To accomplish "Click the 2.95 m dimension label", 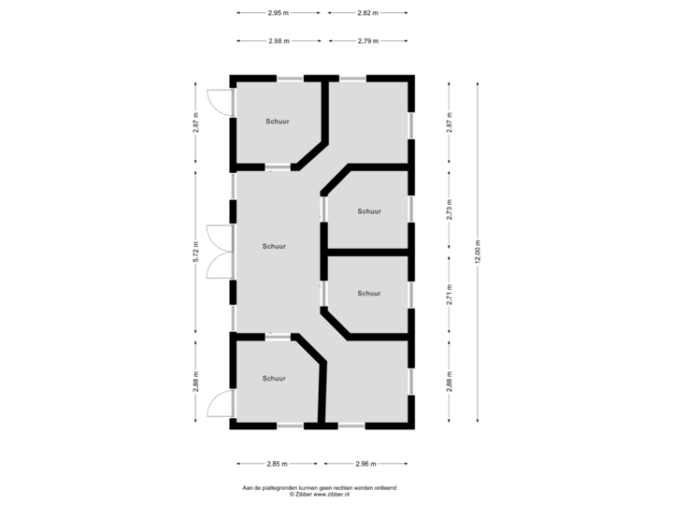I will (x=278, y=13).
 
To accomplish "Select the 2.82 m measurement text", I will (x=367, y=13).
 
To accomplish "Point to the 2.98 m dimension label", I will (x=278, y=41).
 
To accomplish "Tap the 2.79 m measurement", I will (x=367, y=41).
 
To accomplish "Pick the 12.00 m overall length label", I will (x=478, y=251).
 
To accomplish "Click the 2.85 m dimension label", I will (x=277, y=463).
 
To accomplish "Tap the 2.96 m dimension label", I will (x=365, y=463).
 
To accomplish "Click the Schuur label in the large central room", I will (x=274, y=247).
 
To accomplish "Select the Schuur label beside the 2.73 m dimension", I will (x=369, y=211).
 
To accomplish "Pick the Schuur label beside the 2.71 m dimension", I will (x=369, y=294).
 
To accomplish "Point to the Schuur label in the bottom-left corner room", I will (x=274, y=379).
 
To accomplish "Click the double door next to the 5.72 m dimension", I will (x=219, y=251).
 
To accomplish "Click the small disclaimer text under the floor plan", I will (x=321, y=489).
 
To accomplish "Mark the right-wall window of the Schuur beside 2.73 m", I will (x=411, y=209).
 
